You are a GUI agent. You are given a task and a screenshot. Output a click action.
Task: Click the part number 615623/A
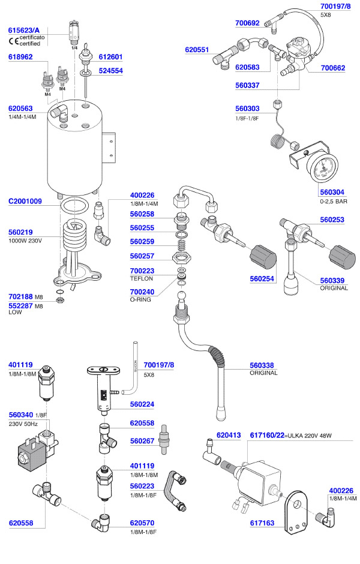point(24,29)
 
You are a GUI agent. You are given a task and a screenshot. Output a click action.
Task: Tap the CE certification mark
point(13,41)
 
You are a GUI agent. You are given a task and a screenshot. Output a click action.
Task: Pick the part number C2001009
point(25,202)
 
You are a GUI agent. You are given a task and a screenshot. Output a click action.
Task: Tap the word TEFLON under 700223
point(142,279)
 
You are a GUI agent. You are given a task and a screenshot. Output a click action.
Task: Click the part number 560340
point(21,415)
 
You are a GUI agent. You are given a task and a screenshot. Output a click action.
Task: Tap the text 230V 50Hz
point(23,424)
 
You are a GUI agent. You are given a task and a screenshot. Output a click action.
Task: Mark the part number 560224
point(142,404)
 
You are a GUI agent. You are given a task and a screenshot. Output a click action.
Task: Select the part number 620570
point(142,522)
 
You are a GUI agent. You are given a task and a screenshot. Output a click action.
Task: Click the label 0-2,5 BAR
point(334,202)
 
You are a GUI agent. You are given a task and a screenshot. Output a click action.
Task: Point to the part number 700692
point(247,23)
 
